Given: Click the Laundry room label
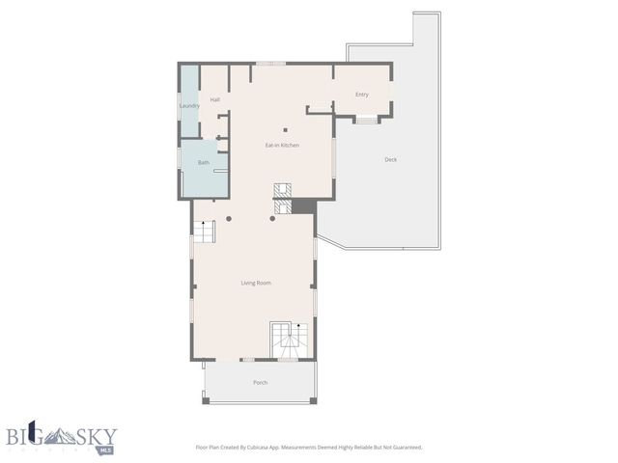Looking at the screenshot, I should [189, 105].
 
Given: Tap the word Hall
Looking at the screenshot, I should [214, 99].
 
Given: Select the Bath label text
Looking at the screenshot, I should [204, 162].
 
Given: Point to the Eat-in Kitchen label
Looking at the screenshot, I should [282, 145].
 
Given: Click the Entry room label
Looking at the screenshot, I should [362, 95].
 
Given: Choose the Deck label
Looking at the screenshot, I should [390, 159].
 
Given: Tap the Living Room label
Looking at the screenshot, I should [256, 283].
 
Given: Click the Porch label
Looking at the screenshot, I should [260, 383].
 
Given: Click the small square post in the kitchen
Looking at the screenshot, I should [285, 130].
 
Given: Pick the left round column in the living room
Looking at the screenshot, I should [229, 219].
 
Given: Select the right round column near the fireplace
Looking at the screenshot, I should [272, 219].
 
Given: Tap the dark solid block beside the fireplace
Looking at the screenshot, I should [303, 206].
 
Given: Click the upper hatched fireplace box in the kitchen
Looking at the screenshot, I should [282, 189].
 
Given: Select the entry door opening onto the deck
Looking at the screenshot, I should [366, 120].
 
